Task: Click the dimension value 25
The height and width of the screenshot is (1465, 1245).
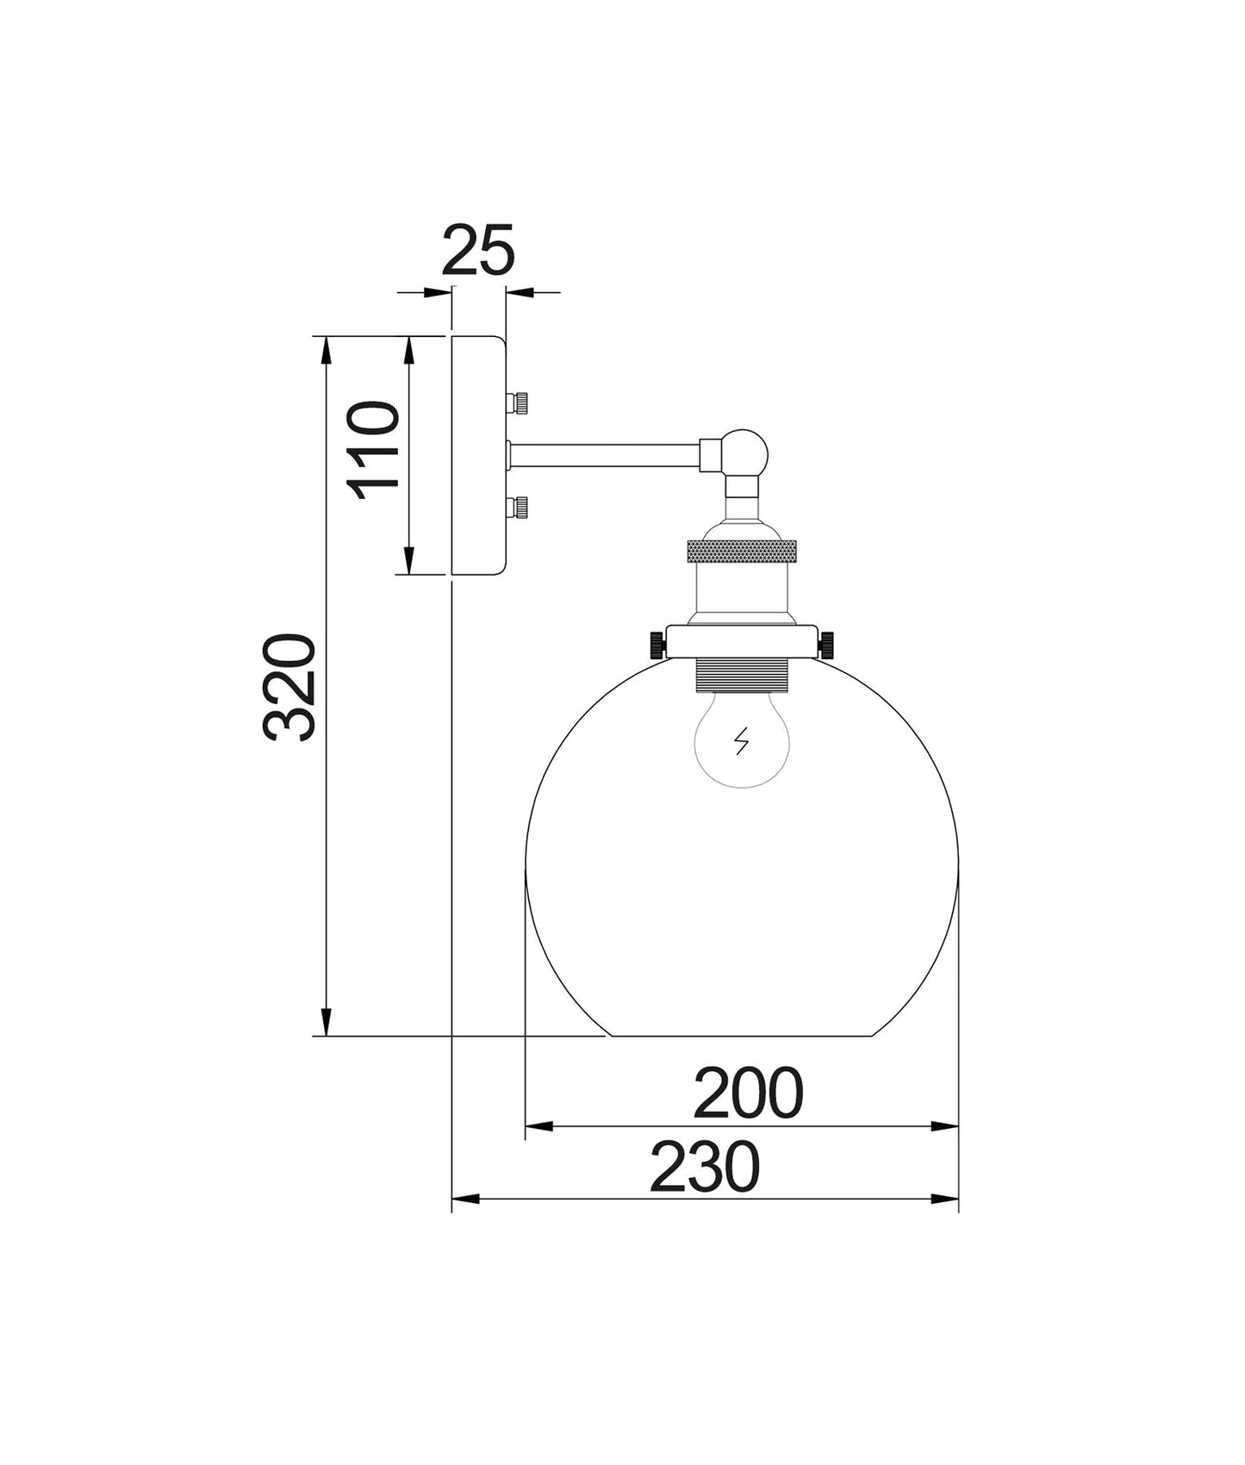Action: click(479, 251)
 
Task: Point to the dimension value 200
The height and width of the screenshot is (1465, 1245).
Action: click(747, 1093)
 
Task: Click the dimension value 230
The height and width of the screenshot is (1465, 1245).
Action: click(704, 1167)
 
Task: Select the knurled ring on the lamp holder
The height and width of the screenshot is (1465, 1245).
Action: click(742, 552)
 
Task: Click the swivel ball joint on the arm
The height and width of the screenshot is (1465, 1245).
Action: click(745, 452)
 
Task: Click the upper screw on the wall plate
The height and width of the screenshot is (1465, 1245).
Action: click(520, 403)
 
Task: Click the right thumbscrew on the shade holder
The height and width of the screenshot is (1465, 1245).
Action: click(828, 643)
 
